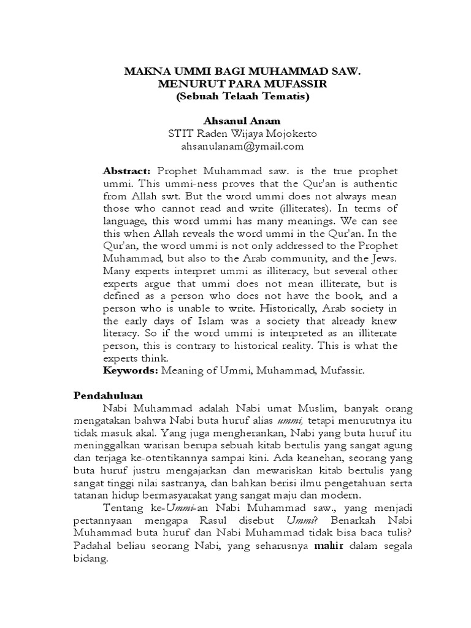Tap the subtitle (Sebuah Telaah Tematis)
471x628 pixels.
click(240, 96)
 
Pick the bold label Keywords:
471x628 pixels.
click(130, 370)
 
